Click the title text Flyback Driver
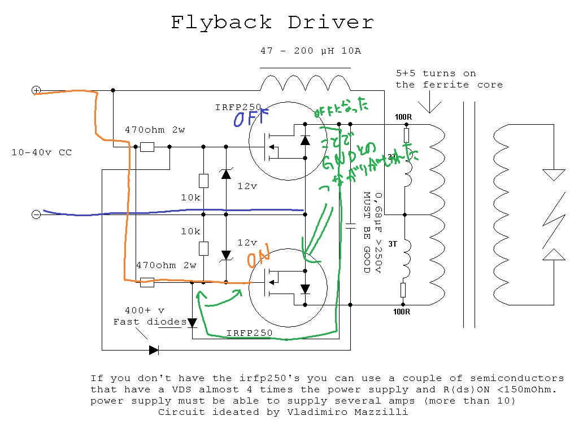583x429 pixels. click(x=272, y=23)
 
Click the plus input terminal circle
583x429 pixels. click(x=36, y=90)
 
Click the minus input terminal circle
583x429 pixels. click(x=36, y=214)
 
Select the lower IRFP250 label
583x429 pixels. click(x=249, y=333)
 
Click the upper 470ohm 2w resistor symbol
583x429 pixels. click(x=147, y=147)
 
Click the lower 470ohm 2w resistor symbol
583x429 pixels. click(x=147, y=282)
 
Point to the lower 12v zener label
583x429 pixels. click(x=247, y=243)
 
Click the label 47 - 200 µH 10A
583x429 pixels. click(x=310, y=51)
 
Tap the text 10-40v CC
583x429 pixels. click(x=42, y=152)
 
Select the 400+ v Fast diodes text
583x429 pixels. click(x=149, y=316)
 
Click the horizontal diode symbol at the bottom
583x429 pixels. click(x=154, y=350)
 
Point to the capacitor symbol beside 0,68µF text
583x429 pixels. click(x=350, y=226)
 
